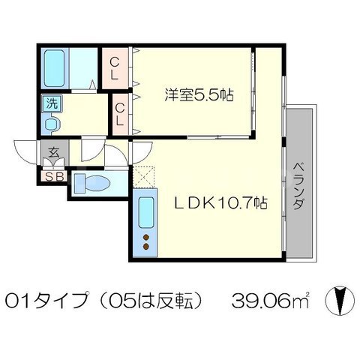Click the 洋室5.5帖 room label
(x=199, y=94)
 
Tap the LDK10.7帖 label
(x=220, y=202)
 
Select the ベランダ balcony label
(x=299, y=186)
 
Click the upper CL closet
(x=115, y=68)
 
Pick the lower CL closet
(x=120, y=114)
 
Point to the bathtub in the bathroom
(x=54, y=68)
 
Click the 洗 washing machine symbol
(x=52, y=103)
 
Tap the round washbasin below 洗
(x=52, y=124)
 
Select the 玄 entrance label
(x=54, y=152)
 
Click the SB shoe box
(x=53, y=176)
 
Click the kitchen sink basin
(x=146, y=212)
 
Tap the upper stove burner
(x=146, y=237)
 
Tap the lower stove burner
(x=146, y=247)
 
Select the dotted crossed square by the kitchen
(x=143, y=177)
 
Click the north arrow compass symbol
(x=340, y=300)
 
